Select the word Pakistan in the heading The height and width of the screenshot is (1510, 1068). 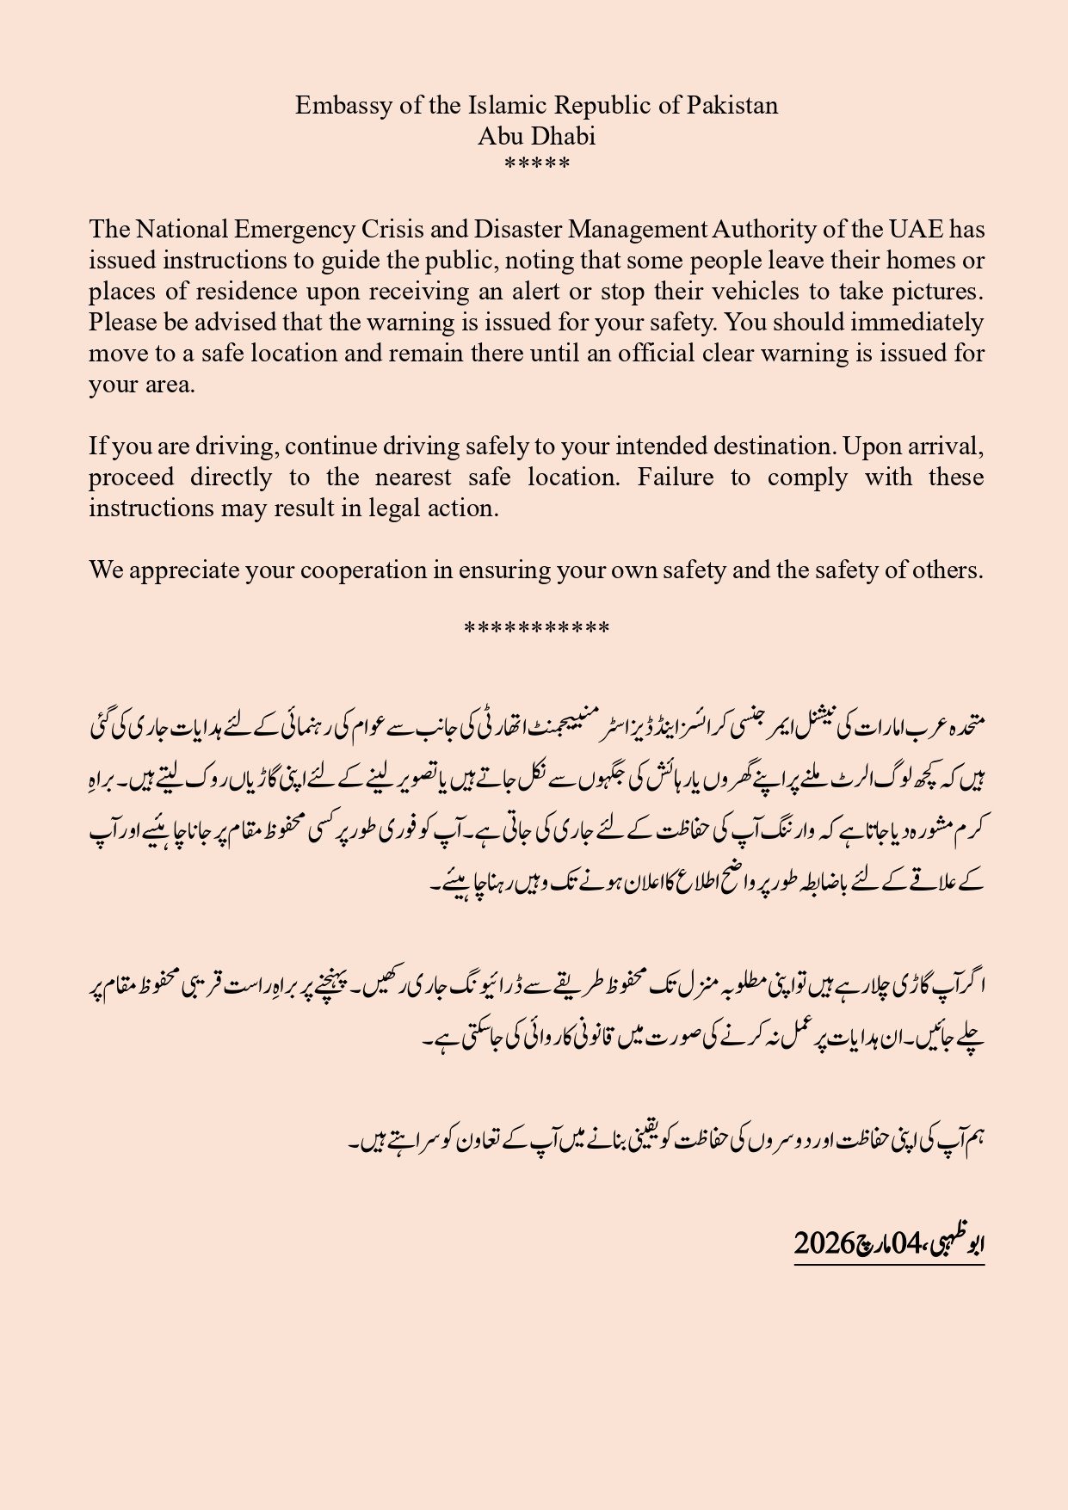click(732, 106)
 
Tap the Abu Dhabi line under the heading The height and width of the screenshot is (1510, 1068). click(536, 137)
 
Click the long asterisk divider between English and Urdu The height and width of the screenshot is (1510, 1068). click(536, 629)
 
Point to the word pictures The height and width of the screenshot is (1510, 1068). click(936, 292)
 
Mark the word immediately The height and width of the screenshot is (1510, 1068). click(917, 323)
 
